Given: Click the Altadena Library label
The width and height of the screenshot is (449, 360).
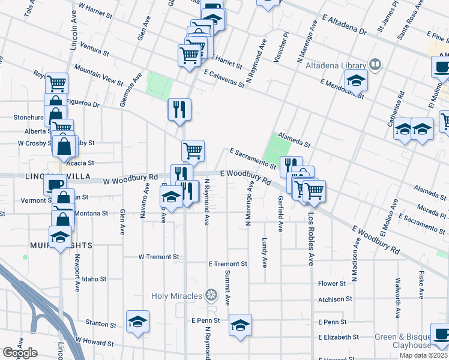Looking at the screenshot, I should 336,65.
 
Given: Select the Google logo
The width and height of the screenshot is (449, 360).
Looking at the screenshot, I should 20,352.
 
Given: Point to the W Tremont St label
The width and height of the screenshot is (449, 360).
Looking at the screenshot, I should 159,256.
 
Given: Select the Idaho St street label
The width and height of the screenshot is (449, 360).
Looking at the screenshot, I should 94,279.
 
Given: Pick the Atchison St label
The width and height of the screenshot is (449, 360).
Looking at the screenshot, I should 335,299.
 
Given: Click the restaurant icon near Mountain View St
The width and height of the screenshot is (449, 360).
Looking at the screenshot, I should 179,110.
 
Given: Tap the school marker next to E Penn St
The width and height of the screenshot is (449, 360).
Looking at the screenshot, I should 241,325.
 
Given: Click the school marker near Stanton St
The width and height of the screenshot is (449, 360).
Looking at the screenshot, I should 137,321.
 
